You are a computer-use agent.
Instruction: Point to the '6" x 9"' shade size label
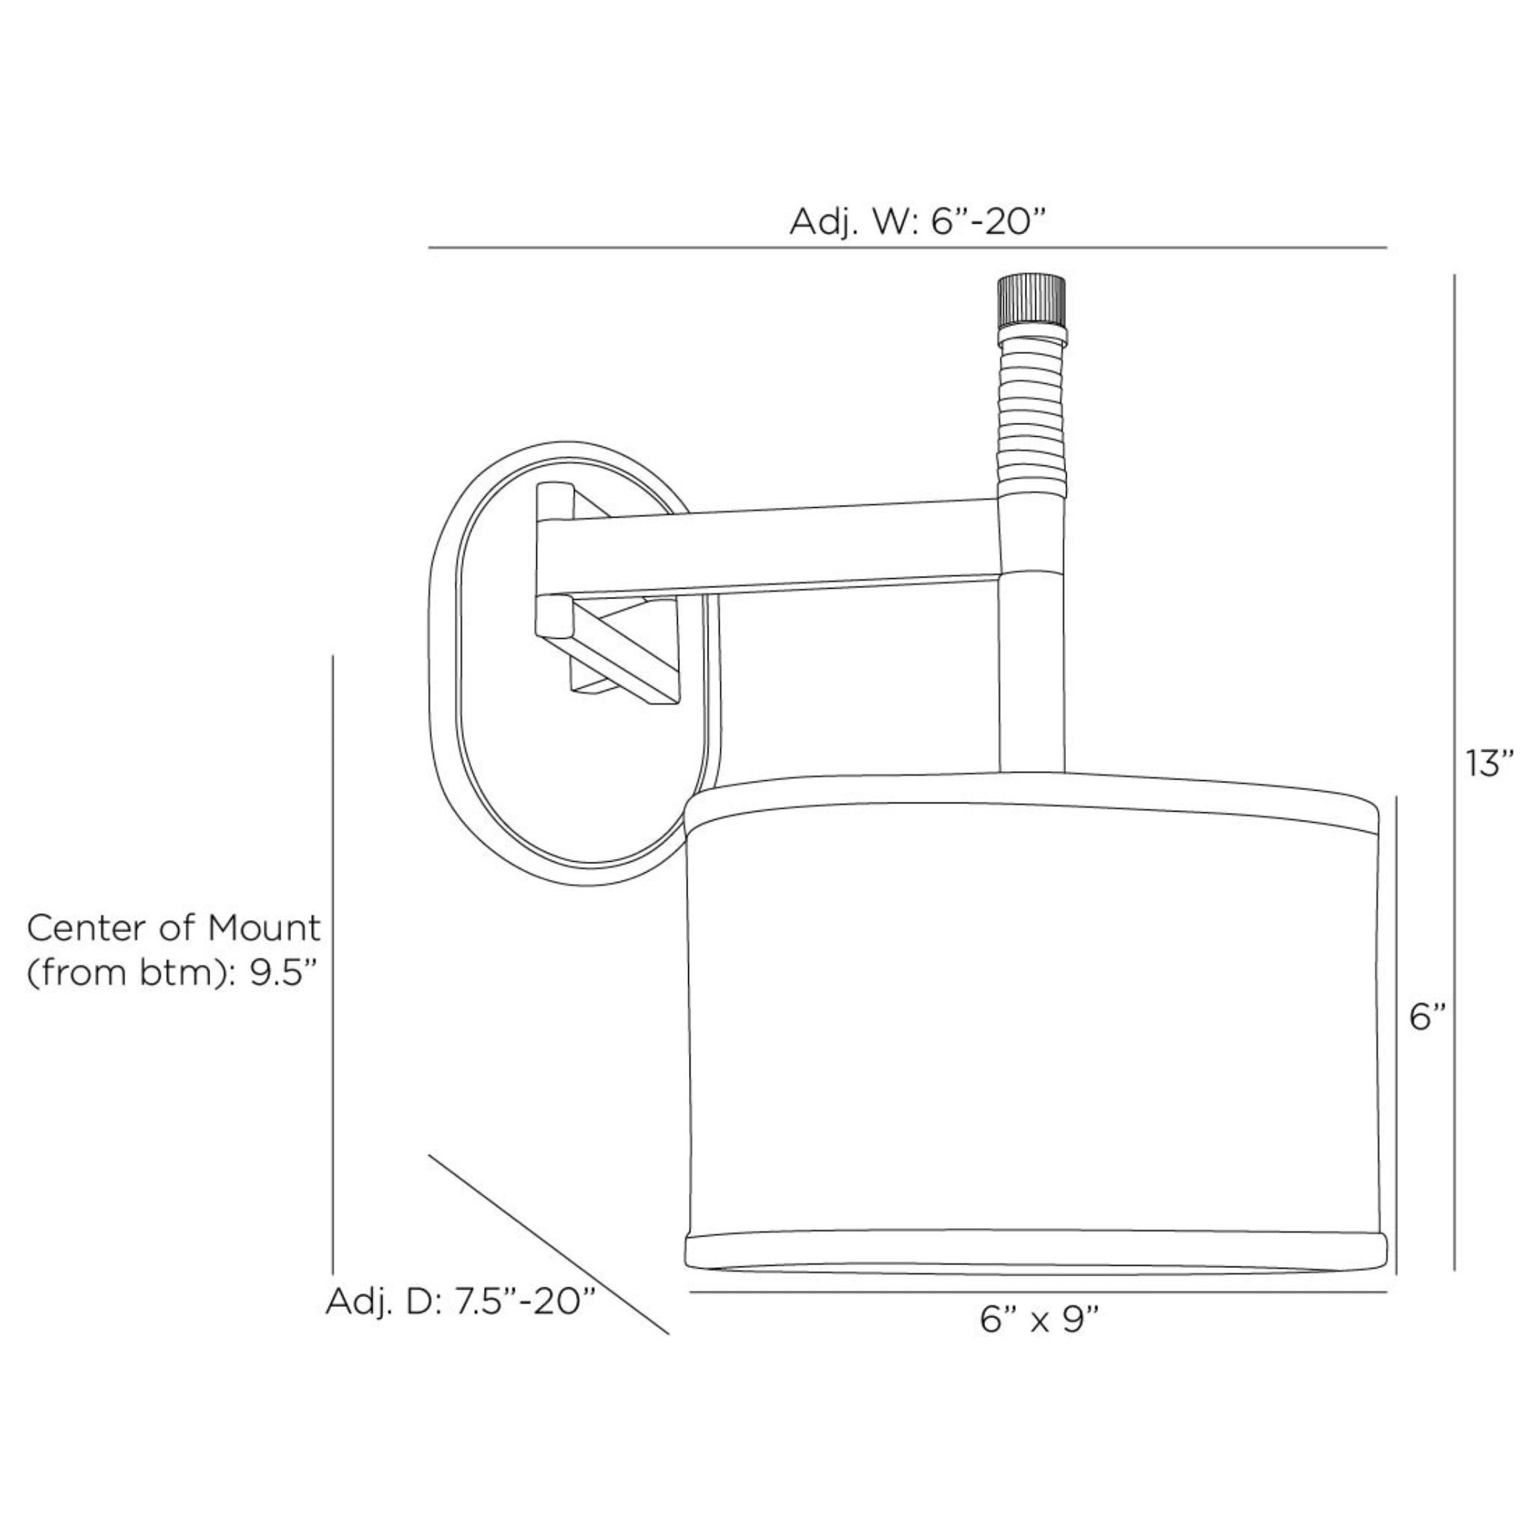coord(1040,1320)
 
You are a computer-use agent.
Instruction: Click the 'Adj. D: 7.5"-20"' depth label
coord(461,1302)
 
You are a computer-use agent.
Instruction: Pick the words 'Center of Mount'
coord(174,927)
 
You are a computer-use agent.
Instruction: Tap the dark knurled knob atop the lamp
coord(1030,301)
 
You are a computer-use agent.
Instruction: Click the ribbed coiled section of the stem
coord(1030,411)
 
